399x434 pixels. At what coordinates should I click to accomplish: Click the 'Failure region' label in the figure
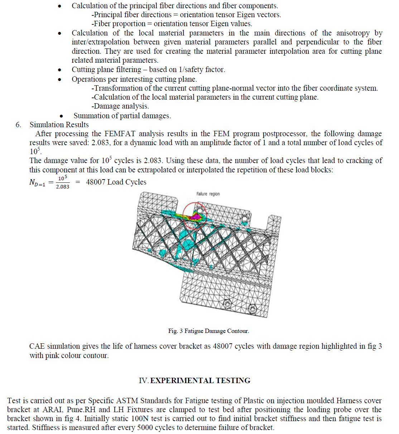[x=208, y=194]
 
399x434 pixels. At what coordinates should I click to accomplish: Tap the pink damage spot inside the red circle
[x=196, y=216]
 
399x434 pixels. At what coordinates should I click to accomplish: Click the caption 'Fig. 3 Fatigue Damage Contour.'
[x=208, y=331]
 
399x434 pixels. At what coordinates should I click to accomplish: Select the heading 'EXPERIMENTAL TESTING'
[x=200, y=381]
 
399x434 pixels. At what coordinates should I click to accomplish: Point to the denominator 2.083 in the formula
[x=63, y=187]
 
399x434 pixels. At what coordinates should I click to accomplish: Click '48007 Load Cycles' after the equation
[x=116, y=182]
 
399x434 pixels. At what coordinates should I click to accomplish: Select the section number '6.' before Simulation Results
[x=18, y=125]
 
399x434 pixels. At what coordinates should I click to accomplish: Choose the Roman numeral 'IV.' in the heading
[x=143, y=381]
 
